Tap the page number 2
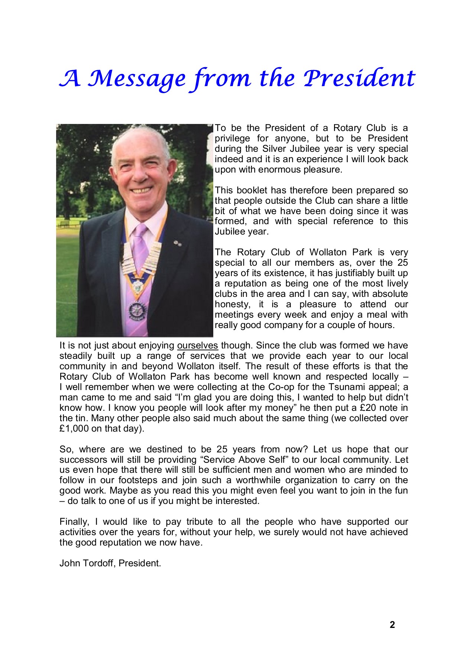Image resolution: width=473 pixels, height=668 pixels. (x=392, y=625)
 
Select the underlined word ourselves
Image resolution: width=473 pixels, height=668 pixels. (x=197, y=346)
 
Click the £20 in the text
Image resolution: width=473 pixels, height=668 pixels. (x=359, y=408)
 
